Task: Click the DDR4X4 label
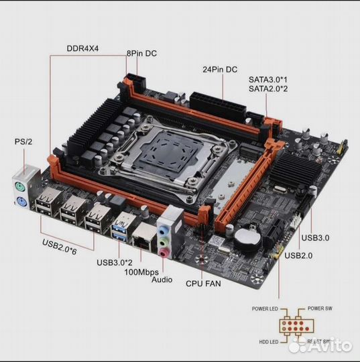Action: [84, 48]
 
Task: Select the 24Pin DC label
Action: [221, 69]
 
